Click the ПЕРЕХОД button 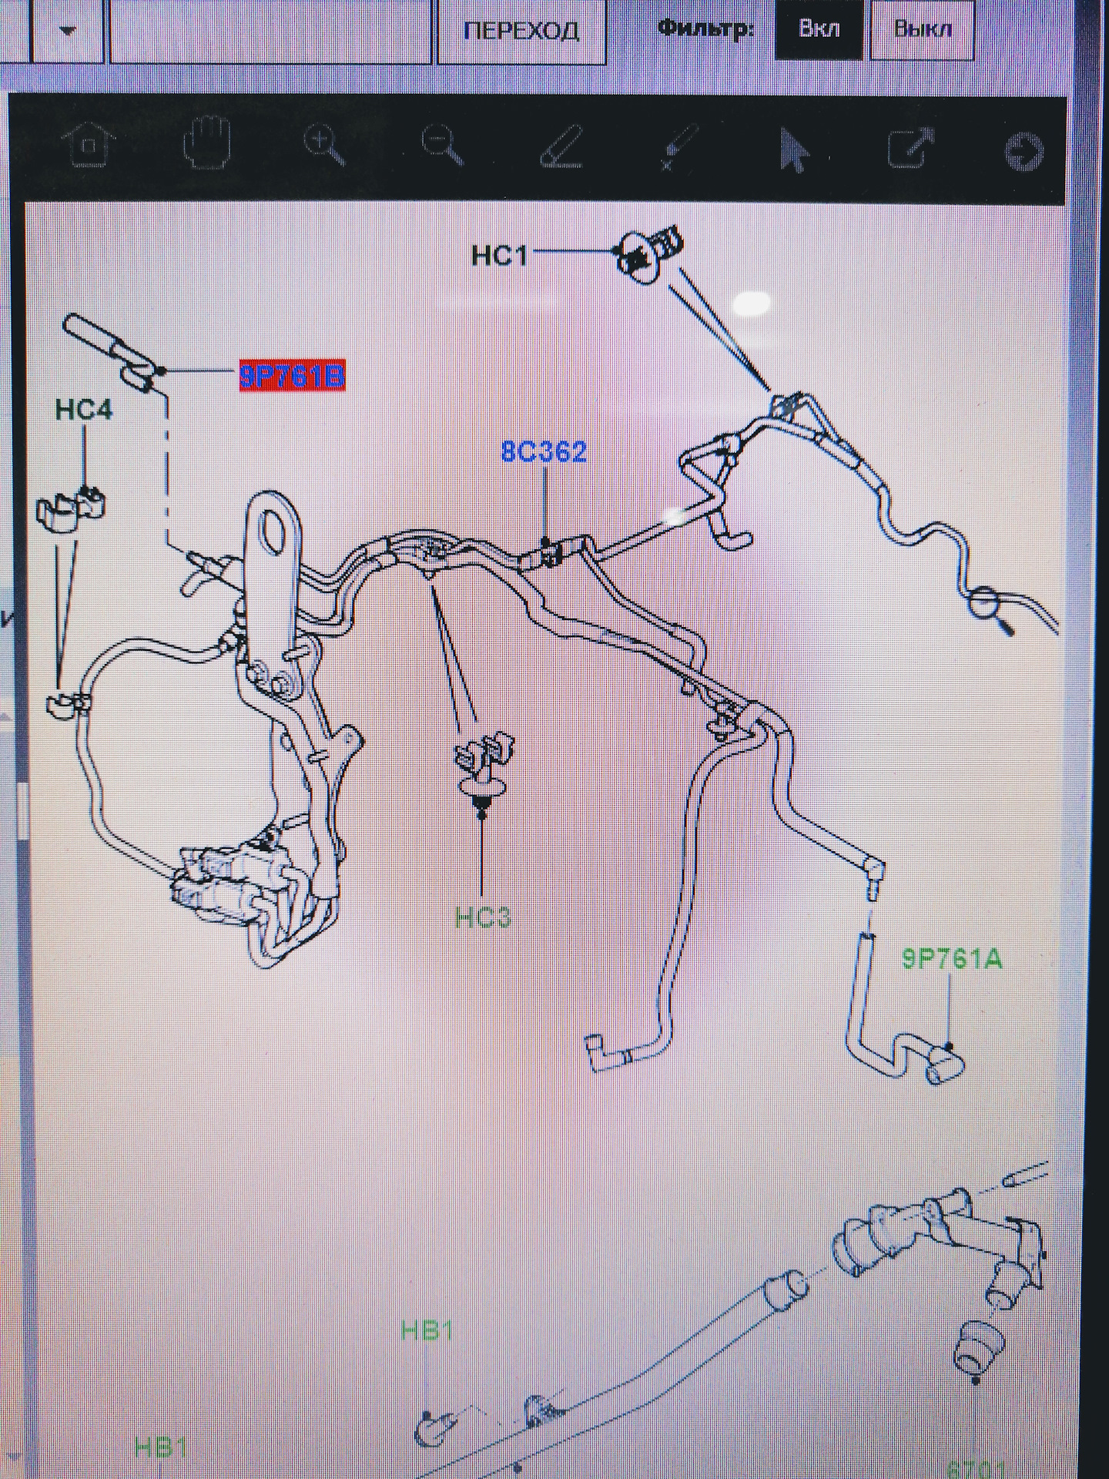coord(521,32)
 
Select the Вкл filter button coord(818,30)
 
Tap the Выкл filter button coord(923,30)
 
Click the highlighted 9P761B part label coord(292,377)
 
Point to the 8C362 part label coord(544,451)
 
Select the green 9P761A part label coord(953,959)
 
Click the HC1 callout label coord(500,255)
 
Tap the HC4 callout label coord(84,410)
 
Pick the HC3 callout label coord(483,917)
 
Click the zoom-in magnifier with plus coord(323,145)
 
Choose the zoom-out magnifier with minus coord(442,145)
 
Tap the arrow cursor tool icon coord(794,149)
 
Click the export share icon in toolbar coord(910,146)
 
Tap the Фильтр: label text coord(704,30)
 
